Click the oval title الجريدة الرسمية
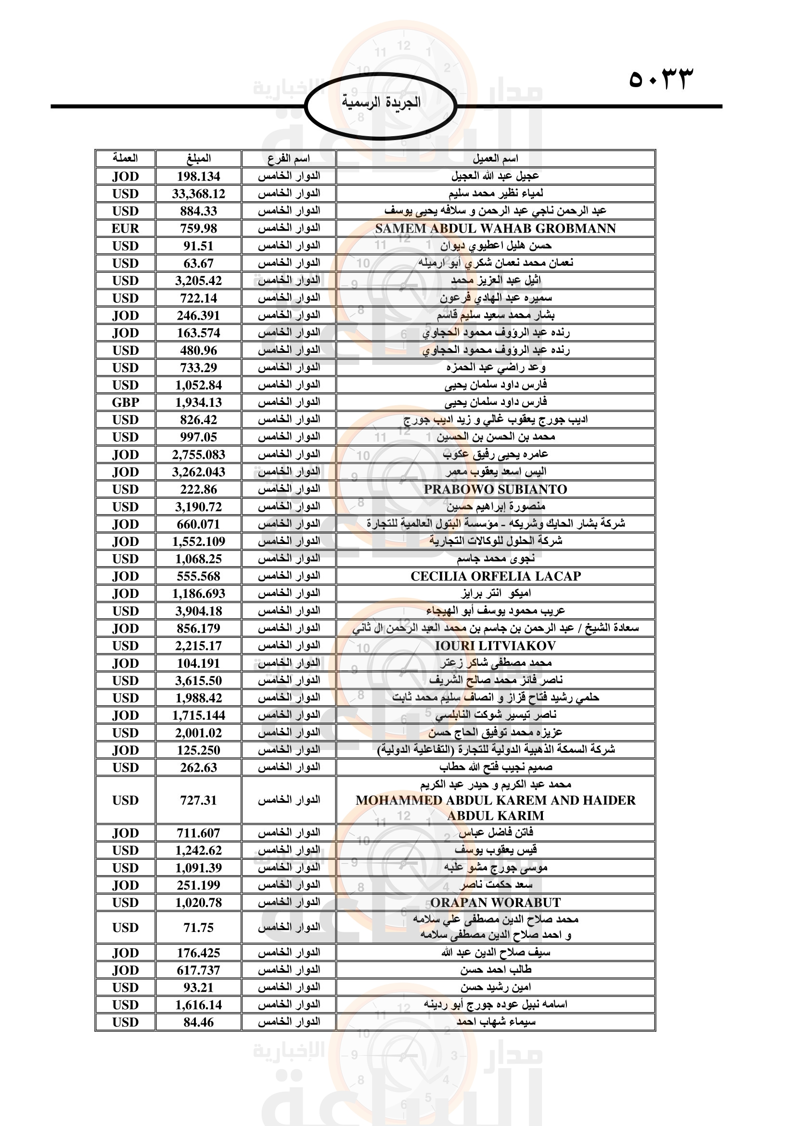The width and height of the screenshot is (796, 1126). [381, 103]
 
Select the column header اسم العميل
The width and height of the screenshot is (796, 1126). [495, 158]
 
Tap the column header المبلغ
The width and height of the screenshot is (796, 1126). [198, 158]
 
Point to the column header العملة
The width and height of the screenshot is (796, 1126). [126, 158]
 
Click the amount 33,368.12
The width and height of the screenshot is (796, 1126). [198, 194]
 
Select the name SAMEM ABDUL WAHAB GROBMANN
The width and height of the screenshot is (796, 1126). [495, 229]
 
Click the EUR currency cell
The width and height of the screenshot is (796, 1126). [126, 229]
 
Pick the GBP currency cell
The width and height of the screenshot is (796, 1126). [126, 402]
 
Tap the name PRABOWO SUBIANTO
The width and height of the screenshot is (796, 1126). [495, 490]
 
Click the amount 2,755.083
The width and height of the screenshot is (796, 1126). [198, 454]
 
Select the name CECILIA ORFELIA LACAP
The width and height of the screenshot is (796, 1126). [495, 576]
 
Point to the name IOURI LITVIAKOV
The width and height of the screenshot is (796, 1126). [495, 646]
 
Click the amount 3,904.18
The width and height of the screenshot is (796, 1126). [198, 611]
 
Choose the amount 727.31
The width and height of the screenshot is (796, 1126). [198, 801]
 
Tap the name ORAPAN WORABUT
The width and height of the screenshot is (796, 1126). [495, 903]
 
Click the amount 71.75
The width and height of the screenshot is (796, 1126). [198, 928]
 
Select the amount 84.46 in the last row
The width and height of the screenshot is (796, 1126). [198, 1022]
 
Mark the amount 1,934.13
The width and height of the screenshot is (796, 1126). [198, 402]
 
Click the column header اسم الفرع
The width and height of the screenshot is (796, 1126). [289, 158]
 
